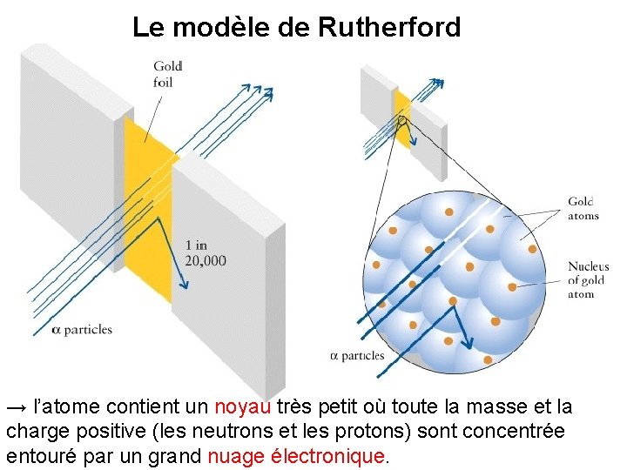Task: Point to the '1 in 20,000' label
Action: [x=206, y=252]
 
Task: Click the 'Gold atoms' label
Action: [x=583, y=209]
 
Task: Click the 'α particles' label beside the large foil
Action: [x=83, y=330]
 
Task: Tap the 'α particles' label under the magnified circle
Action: [x=358, y=356]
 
